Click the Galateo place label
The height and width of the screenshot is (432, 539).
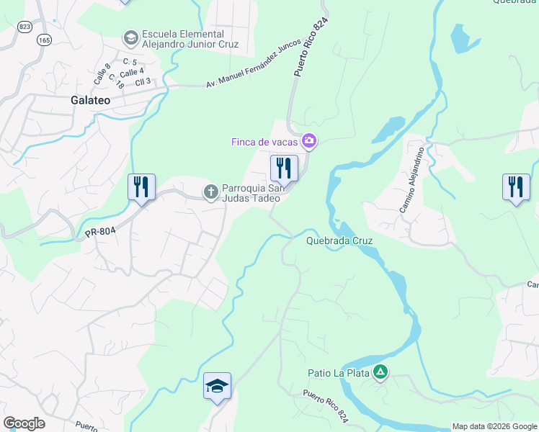pyautogui.click(x=91, y=100)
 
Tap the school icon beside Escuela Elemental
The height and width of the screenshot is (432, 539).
pyautogui.click(x=131, y=36)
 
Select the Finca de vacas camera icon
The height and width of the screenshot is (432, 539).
pyautogui.click(x=309, y=141)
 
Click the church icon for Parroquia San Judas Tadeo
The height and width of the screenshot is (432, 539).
pyautogui.click(x=211, y=192)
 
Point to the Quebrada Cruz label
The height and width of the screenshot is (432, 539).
pyautogui.click(x=339, y=241)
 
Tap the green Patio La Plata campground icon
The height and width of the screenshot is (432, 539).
pyautogui.click(x=380, y=372)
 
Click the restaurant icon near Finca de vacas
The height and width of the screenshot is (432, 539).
pyautogui.click(x=284, y=169)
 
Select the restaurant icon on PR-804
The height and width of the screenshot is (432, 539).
pyautogui.click(x=141, y=187)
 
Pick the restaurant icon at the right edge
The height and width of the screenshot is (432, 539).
pyautogui.click(x=515, y=187)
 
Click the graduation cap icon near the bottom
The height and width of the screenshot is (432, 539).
pyautogui.click(x=217, y=386)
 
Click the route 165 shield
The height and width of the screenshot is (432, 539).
pyautogui.click(x=45, y=40)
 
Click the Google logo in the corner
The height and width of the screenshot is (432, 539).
pyautogui.click(x=24, y=423)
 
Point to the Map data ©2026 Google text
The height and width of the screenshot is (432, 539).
pyautogui.click(x=494, y=426)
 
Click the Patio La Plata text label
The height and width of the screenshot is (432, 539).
pyautogui.click(x=338, y=373)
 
